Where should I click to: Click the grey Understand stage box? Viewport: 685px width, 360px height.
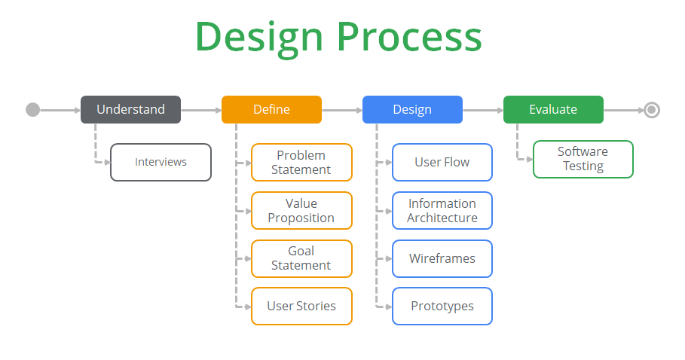pyautogui.click(x=130, y=109)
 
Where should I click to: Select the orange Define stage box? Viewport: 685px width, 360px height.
pyautogui.click(x=272, y=109)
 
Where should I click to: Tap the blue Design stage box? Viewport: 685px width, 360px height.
pyautogui.click(x=412, y=109)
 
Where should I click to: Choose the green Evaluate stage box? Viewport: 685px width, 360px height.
pyautogui.click(x=554, y=109)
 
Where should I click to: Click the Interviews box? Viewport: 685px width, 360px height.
pyautogui.click(x=161, y=163)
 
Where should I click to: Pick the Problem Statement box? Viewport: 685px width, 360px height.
pyautogui.click(x=301, y=163)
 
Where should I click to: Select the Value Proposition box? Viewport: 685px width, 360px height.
pyautogui.click(x=301, y=210)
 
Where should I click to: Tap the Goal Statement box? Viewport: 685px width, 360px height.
pyautogui.click(x=301, y=258)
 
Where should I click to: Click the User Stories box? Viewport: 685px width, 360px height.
pyautogui.click(x=301, y=306)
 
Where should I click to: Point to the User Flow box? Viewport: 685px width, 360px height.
pyautogui.click(x=442, y=163)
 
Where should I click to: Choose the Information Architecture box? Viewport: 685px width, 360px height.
pyautogui.click(x=442, y=210)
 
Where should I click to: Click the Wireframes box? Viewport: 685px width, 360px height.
pyautogui.click(x=442, y=258)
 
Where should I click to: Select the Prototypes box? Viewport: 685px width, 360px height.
pyautogui.click(x=442, y=306)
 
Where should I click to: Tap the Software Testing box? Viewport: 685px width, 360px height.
pyautogui.click(x=583, y=159)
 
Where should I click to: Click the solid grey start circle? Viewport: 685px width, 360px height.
pyautogui.click(x=32, y=110)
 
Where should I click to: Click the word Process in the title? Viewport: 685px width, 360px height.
pyautogui.click(x=409, y=38)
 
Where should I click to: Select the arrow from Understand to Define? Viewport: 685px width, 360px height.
pyautogui.click(x=201, y=111)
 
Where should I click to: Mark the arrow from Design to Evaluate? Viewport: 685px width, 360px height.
pyautogui.click(x=483, y=111)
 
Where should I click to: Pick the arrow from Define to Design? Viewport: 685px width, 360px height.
pyautogui.click(x=342, y=111)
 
